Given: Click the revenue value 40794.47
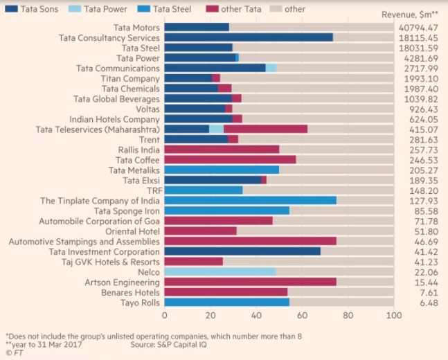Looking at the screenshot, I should [x=420, y=27].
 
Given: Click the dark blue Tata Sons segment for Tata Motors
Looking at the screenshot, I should [x=197, y=27].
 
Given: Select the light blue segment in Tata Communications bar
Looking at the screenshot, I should [x=271, y=68].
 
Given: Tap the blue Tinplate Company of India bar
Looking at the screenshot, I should [x=250, y=201].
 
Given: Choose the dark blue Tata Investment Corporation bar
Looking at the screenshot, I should [x=242, y=251].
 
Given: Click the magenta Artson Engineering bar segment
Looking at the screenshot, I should [x=250, y=282].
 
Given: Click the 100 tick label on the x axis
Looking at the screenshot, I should [x=394, y=316].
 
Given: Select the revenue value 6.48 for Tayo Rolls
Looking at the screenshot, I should [x=430, y=303].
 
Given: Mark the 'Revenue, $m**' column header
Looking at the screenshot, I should [x=414, y=15].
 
